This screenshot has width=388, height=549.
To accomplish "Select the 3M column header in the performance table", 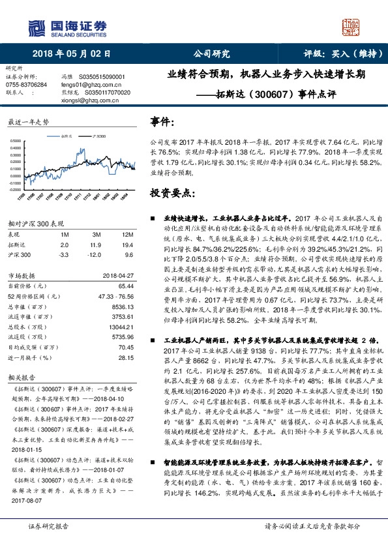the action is coord(96,233).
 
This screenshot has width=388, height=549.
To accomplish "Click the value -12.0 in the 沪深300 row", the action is coord(97,254).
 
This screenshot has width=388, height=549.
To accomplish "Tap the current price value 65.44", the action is coord(125,286).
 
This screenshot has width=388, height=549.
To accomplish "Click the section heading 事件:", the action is coord(162,122).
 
